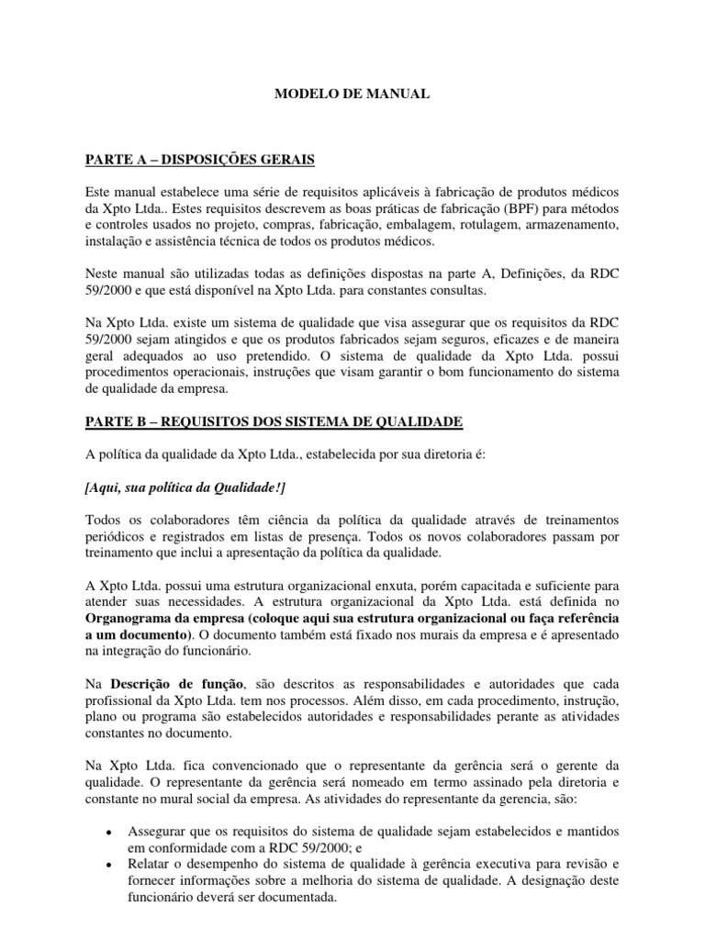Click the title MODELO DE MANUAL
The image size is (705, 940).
[352, 94]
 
